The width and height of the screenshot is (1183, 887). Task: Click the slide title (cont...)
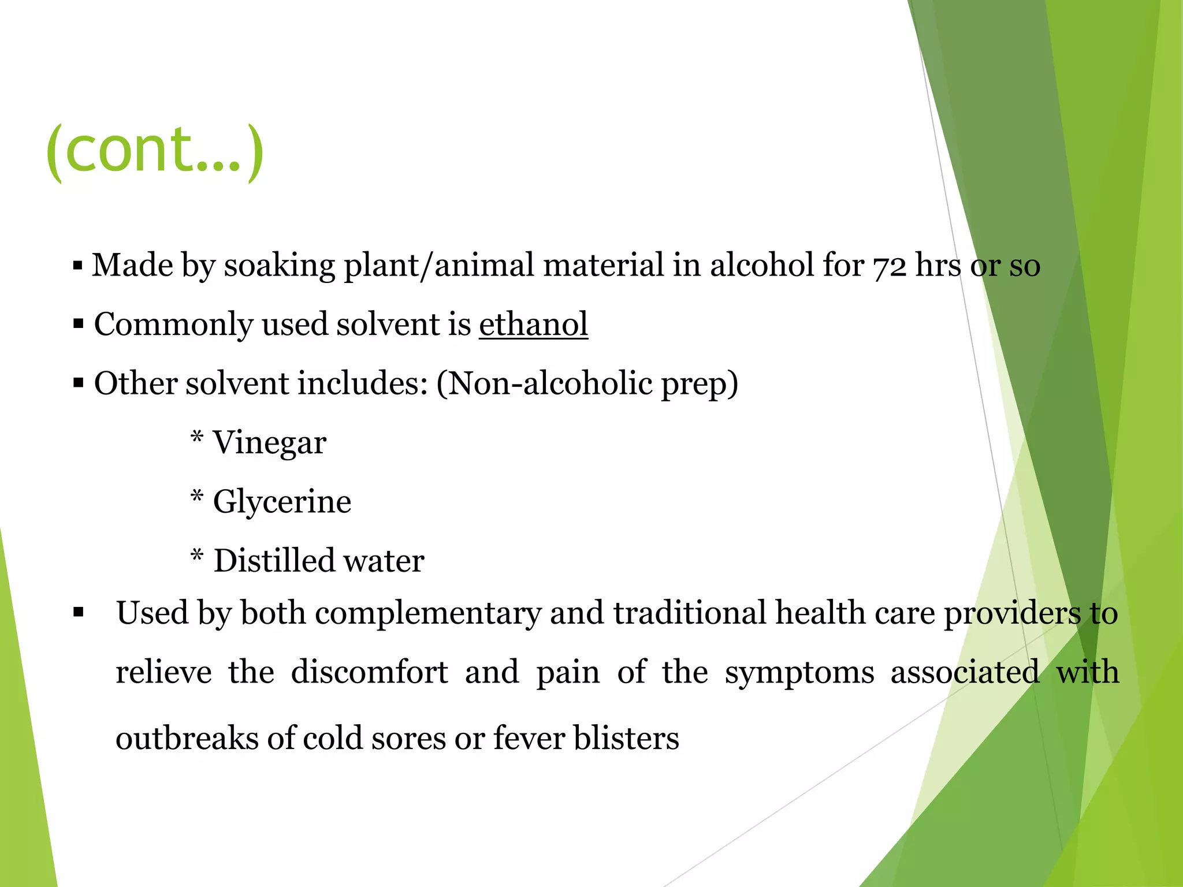point(155,151)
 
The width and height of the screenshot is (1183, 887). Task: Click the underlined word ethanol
point(533,324)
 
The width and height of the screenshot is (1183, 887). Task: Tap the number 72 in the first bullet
point(890,267)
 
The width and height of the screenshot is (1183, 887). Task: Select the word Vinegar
point(270,443)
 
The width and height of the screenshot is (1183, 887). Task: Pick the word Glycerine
point(282,501)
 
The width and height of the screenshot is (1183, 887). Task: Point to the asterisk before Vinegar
point(197,437)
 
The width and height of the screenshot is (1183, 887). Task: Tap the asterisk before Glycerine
point(197,496)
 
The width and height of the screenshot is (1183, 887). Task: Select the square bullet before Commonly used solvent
point(79,325)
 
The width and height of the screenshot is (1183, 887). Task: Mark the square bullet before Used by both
point(79,613)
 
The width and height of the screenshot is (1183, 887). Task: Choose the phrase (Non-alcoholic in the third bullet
point(544,383)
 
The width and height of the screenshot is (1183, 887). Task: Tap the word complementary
point(428,614)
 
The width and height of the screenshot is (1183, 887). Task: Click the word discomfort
point(369,673)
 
